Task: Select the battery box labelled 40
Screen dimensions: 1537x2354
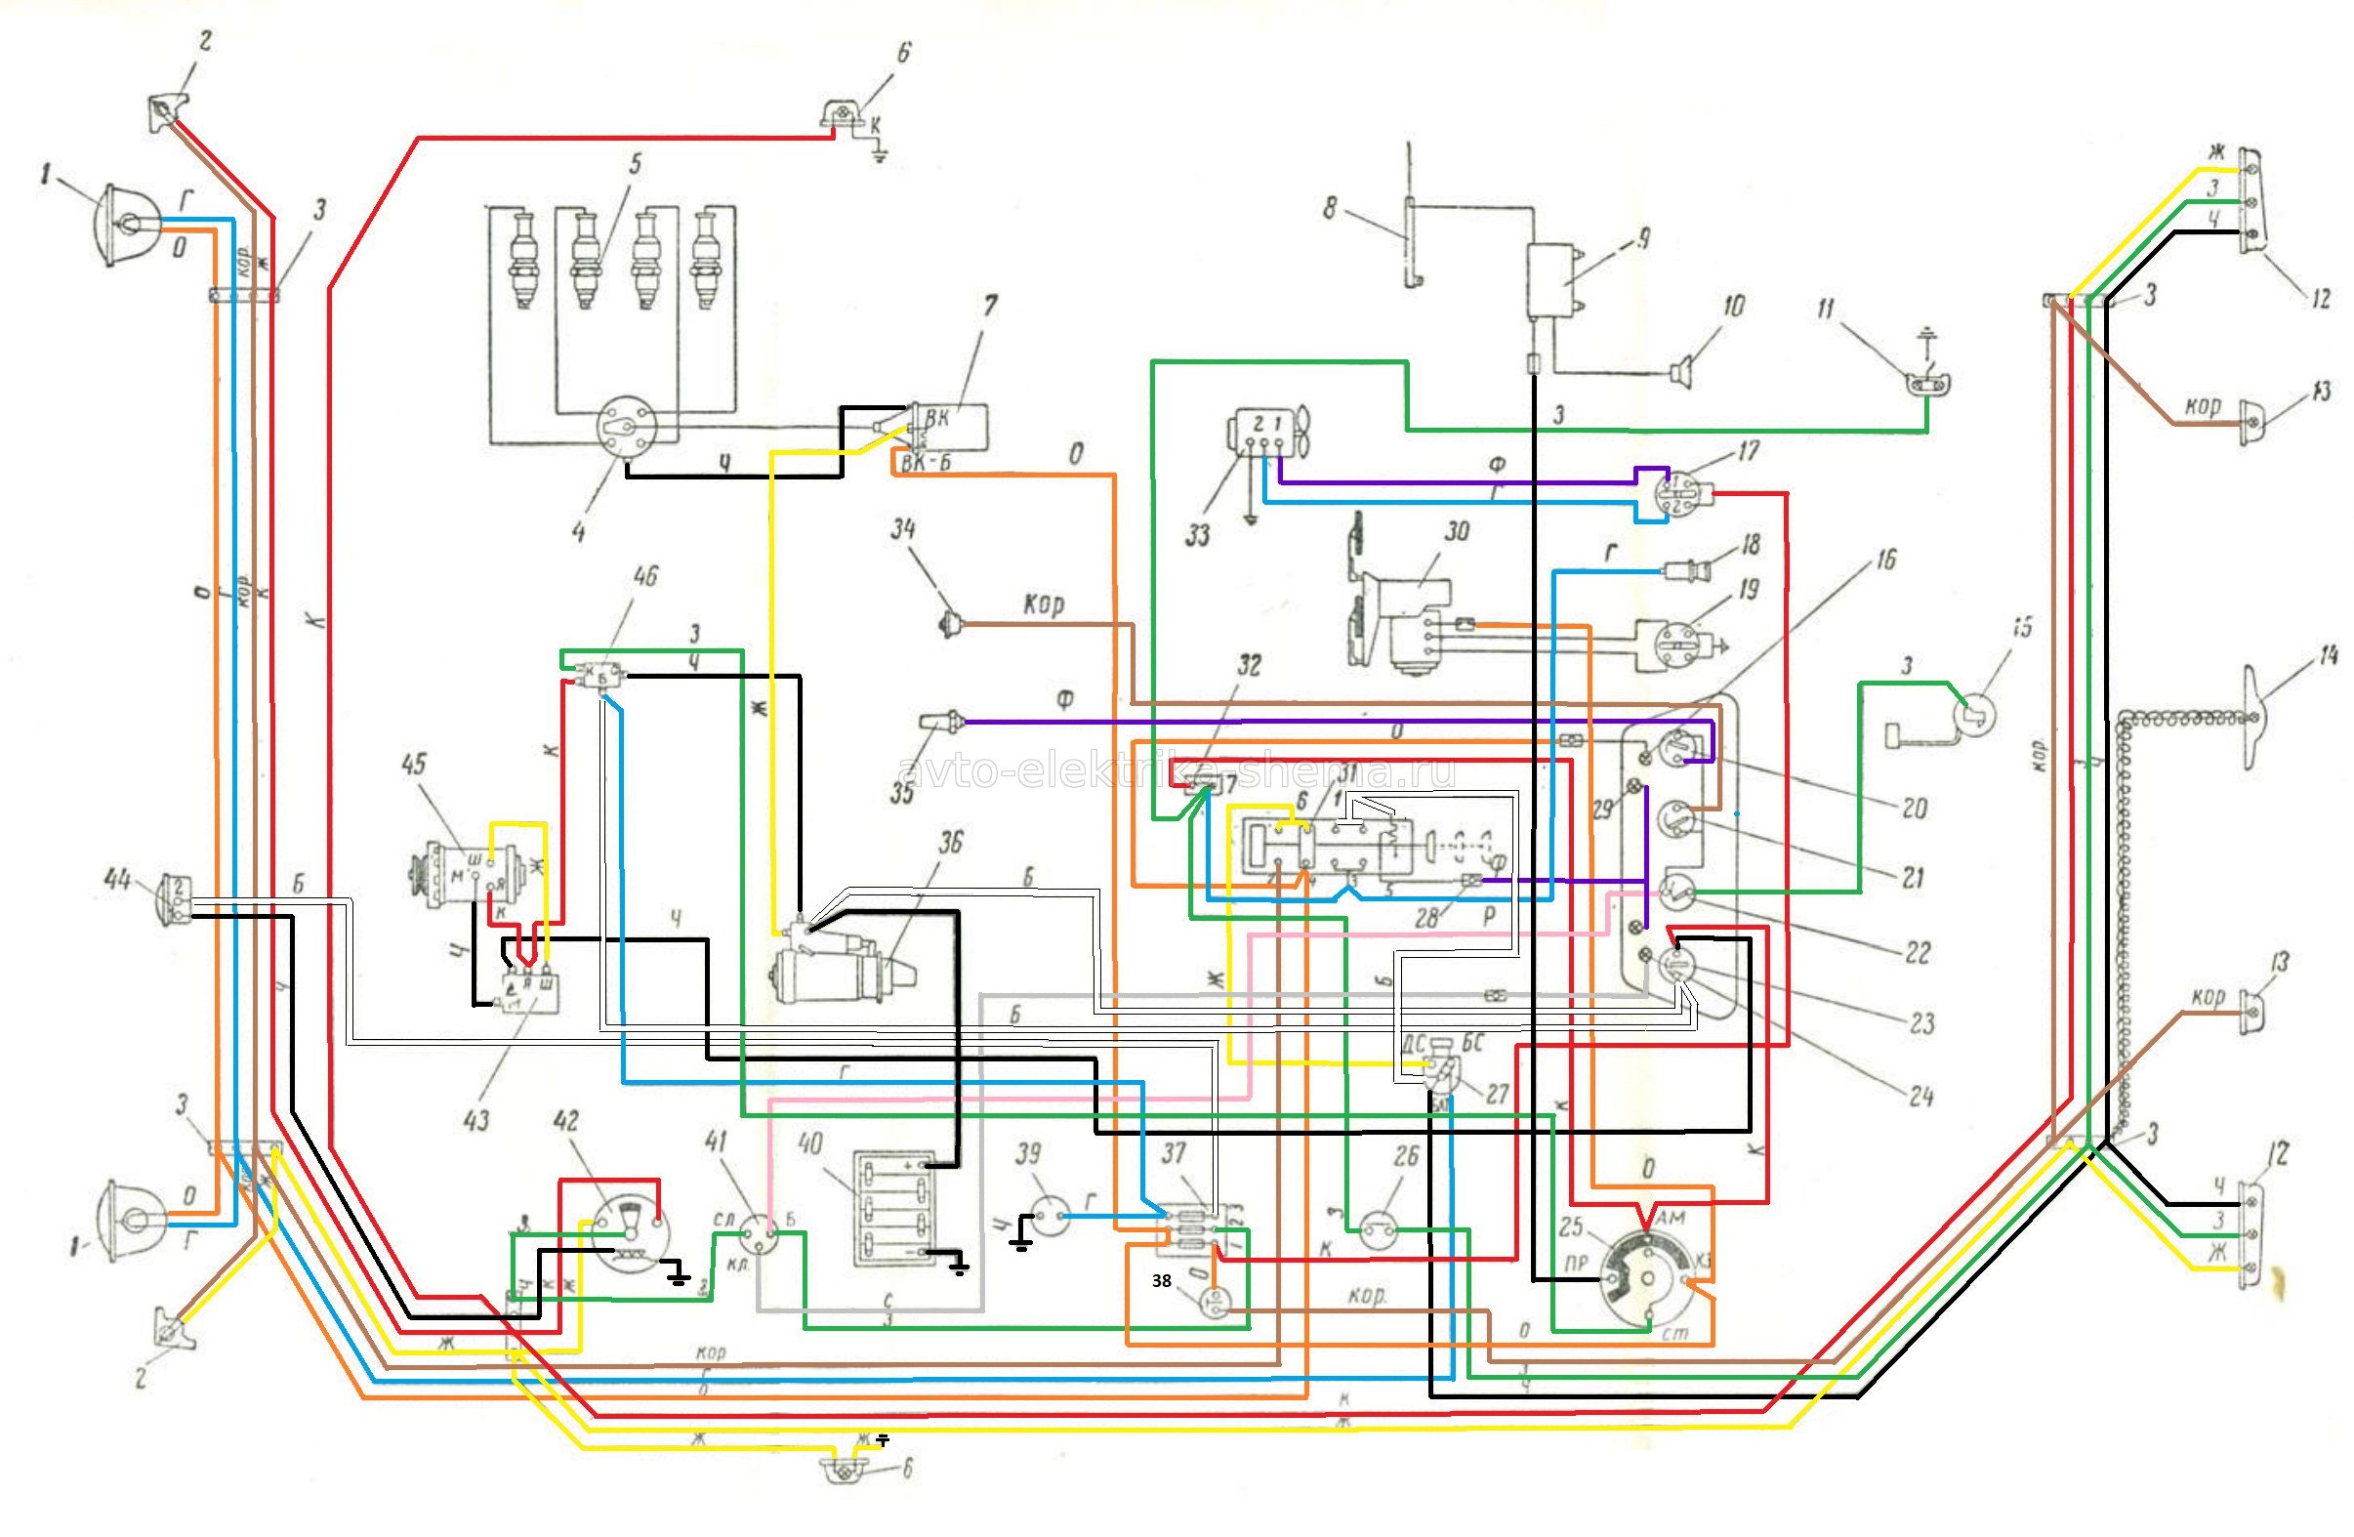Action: point(894,1209)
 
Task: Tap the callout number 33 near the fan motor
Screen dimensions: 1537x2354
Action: point(1198,536)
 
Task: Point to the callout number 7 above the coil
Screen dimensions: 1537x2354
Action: point(989,308)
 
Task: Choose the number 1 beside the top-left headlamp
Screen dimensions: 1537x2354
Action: point(45,178)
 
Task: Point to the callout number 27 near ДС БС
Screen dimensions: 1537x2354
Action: point(1496,1091)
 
